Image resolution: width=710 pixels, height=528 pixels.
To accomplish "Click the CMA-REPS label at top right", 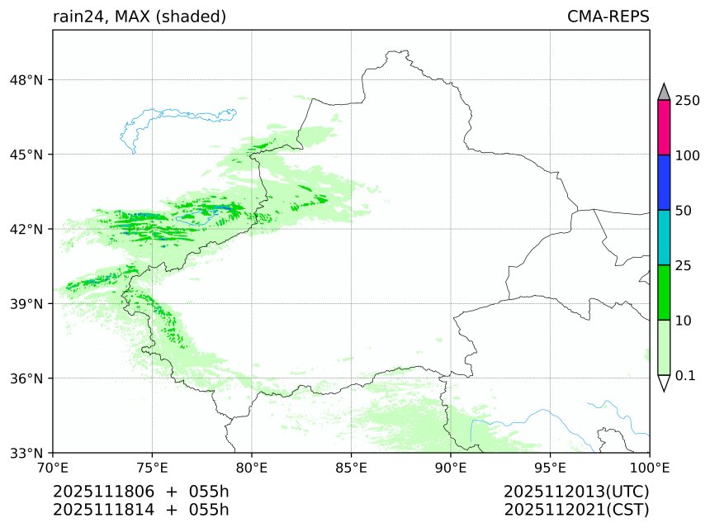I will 608,17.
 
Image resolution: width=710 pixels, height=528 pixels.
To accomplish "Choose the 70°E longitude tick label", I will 53,469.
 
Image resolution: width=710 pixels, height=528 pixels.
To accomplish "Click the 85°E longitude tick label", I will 352,469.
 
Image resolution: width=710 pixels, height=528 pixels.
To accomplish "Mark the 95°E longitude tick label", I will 551,469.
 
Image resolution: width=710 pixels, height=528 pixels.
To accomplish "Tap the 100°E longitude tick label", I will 650,469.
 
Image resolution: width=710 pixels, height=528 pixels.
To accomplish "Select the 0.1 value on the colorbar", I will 685,375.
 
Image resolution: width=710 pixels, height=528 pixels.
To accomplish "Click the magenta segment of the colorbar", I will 664,127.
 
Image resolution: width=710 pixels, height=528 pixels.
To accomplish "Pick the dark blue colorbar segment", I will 664,182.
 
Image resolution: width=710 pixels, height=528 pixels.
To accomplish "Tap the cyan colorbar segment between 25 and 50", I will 664,237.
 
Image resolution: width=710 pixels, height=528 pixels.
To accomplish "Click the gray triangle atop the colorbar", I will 664,92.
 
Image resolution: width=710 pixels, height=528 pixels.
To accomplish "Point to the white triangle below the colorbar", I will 664,383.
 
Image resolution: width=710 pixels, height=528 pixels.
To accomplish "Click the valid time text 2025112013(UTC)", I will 576,492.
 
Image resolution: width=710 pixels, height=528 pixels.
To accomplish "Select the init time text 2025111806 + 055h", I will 140,492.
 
